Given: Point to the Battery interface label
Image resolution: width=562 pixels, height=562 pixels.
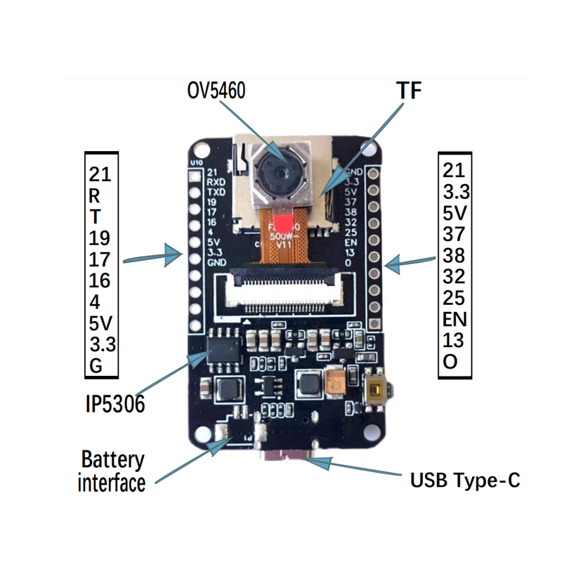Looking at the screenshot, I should pyautogui.click(x=112, y=471).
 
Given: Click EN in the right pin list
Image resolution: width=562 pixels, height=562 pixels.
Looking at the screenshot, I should pyautogui.click(x=455, y=318).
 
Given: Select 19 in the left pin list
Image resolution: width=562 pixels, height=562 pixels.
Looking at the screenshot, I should pyautogui.click(x=99, y=237).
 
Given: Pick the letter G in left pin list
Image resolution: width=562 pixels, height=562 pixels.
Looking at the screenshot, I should pyautogui.click(x=96, y=366).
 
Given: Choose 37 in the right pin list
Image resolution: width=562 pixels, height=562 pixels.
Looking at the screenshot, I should pyautogui.click(x=454, y=233).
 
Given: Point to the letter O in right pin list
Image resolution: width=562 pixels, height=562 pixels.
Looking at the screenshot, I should pyautogui.click(x=450, y=362).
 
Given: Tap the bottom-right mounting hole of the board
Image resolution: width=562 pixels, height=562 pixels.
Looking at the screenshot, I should pyautogui.click(x=365, y=430).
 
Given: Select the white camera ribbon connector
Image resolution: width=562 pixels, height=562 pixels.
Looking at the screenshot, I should pyautogui.click(x=283, y=293).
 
